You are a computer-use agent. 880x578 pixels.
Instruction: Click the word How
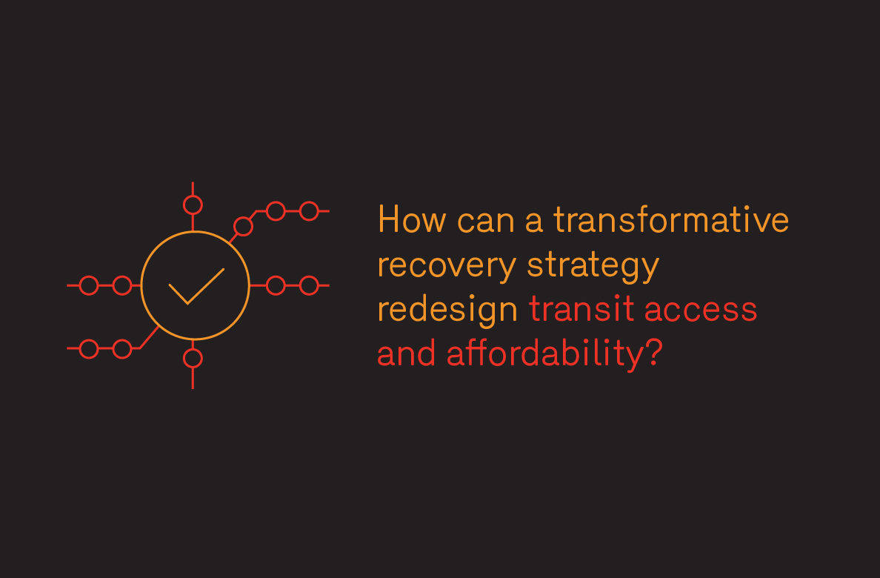412,219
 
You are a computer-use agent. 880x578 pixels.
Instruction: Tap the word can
486,220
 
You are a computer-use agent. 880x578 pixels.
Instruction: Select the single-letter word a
534,220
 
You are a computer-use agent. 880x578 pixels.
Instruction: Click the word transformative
671,219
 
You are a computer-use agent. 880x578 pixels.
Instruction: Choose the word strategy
593,266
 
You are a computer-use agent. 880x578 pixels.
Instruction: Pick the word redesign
448,310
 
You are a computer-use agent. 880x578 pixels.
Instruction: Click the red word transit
581,309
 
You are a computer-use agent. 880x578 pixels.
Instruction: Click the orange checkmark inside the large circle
196,287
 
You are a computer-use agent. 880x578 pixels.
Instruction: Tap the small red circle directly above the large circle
193,205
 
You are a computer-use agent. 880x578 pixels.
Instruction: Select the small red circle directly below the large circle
193,359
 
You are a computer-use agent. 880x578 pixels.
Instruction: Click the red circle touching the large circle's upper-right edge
243,227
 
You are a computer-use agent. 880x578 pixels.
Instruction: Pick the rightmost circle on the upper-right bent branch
309,211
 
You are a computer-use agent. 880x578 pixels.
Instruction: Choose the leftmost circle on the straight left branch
89,285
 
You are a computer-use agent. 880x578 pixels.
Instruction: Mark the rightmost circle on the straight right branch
309,285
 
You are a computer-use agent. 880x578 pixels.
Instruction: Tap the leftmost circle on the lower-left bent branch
89,349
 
